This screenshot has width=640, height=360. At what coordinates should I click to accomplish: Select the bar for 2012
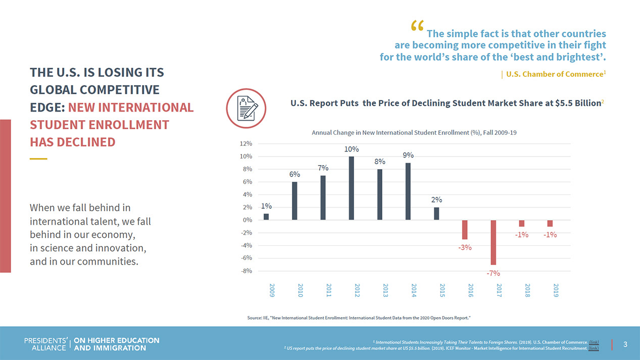(x=351, y=188)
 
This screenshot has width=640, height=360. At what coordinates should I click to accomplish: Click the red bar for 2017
(x=493, y=242)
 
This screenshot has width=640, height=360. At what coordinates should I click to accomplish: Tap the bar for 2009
(x=266, y=217)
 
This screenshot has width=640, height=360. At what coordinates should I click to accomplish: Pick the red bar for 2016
(x=465, y=229)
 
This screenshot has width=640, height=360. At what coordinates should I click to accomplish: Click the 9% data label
(x=408, y=155)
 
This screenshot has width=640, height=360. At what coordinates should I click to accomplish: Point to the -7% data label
(x=493, y=273)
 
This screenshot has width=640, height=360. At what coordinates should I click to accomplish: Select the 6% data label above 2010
(x=294, y=174)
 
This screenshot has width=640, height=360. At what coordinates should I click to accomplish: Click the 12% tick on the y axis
(x=245, y=143)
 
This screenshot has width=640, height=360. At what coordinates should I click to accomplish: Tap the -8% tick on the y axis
(x=245, y=271)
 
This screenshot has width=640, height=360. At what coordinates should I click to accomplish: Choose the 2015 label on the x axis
(x=442, y=290)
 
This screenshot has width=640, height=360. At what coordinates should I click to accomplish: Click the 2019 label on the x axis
(x=556, y=290)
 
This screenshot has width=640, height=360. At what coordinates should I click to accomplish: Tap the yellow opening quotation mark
(x=417, y=26)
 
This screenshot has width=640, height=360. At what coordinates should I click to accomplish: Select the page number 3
(x=625, y=344)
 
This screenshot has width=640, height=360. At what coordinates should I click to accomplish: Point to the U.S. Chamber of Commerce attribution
(x=554, y=74)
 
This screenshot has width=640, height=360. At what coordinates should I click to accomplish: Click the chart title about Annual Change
(x=414, y=133)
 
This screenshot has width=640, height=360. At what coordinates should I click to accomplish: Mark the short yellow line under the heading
(x=38, y=159)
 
